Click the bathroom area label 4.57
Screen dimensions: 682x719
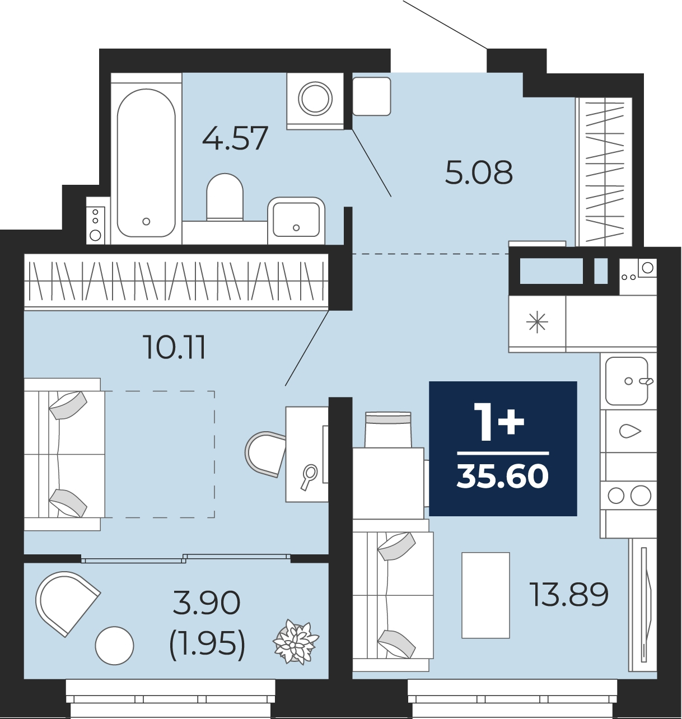pos(236,138)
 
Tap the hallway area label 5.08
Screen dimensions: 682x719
pos(479,172)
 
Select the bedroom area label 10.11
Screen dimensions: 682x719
pos(175,348)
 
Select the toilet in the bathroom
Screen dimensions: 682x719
pos(225,197)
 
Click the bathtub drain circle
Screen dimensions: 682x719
pos(146,221)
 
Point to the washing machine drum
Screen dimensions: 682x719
pos(315,99)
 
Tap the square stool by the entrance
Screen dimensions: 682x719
pos(372,96)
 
